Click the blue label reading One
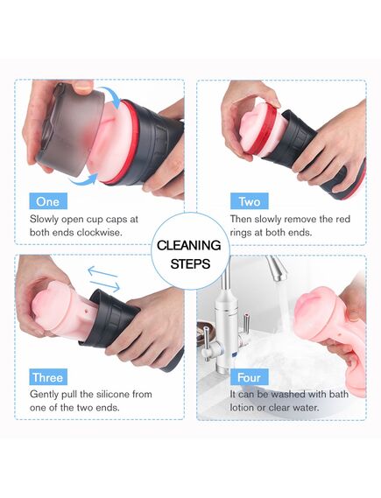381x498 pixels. pyautogui.click(x=48, y=201)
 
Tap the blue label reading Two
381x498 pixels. pyautogui.click(x=249, y=201)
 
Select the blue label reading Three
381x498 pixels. pyautogui.click(x=48, y=377)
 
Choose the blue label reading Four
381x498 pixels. pyautogui.click(x=249, y=377)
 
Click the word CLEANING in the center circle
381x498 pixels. pyautogui.click(x=189, y=245)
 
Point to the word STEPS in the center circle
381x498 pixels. pyautogui.click(x=190, y=263)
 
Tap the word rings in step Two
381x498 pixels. pyautogui.click(x=241, y=233)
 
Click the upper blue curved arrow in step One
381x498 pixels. pyautogui.click(x=111, y=96)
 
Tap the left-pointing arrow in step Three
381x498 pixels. pyautogui.click(x=102, y=272)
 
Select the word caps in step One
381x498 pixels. pyautogui.click(x=117, y=220)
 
